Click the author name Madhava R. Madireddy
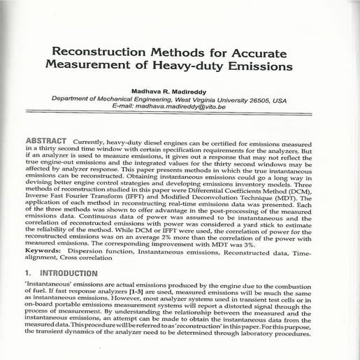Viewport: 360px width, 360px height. (x=181, y=92)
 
